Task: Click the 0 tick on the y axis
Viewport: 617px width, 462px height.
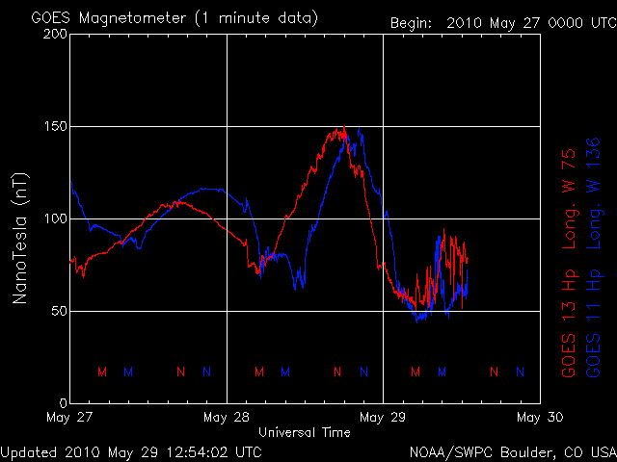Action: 61,403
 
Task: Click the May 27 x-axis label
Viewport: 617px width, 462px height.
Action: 70,418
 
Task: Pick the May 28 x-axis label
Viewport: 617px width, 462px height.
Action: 227,418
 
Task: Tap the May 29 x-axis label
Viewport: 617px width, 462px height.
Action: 383,418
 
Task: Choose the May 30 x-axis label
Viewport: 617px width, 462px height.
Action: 539,418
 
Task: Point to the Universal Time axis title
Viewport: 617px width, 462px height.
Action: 305,432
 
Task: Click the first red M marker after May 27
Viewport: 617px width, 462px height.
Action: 102,372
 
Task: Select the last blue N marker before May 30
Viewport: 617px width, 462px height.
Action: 521,372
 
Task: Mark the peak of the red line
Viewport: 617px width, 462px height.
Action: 341,128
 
